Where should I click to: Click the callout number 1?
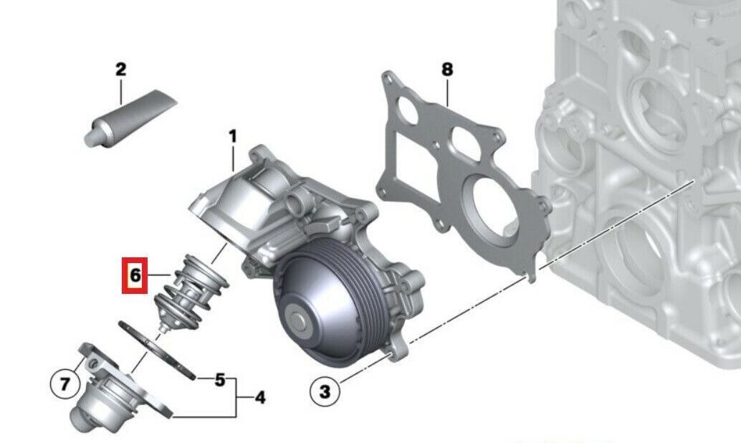[x=232, y=137]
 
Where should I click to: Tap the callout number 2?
[x=121, y=70]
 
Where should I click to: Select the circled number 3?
[x=325, y=391]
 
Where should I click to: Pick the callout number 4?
[x=259, y=397]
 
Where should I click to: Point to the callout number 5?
[x=220, y=380]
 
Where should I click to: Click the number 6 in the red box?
[x=135, y=275]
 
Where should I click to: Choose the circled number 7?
[x=64, y=383]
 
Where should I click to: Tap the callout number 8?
[x=446, y=70]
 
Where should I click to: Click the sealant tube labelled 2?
[x=130, y=118]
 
